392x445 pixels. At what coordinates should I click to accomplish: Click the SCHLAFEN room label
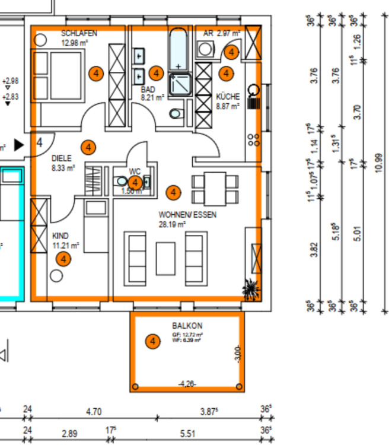click(79, 33)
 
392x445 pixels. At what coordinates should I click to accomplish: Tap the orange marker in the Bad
click(156, 73)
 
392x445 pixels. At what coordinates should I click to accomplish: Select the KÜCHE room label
click(228, 96)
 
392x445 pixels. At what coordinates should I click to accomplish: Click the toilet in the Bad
click(176, 114)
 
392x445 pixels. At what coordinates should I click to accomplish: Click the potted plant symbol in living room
click(251, 290)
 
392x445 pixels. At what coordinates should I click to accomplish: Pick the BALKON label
click(187, 326)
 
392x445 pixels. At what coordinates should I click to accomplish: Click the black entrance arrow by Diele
click(19, 144)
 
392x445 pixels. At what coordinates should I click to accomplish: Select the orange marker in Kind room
click(63, 259)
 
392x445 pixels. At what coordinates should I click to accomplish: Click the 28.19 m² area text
click(173, 225)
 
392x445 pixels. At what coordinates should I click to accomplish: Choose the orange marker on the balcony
click(153, 341)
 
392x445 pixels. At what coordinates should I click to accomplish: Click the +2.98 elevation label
click(10, 81)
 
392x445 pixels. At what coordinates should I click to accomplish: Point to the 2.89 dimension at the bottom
click(69, 434)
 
